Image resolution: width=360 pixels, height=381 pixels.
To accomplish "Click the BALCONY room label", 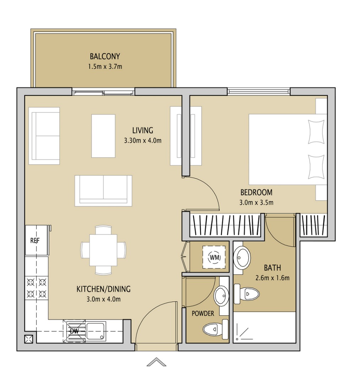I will [105, 56].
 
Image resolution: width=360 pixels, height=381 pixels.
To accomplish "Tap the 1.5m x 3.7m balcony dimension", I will [105, 66].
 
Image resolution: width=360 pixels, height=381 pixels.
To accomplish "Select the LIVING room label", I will [142, 130].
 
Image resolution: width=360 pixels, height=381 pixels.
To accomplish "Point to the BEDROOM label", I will [256, 192].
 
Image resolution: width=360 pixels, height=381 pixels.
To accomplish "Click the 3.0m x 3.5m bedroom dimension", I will [256, 203].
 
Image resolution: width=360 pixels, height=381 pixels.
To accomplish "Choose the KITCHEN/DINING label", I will [103, 289].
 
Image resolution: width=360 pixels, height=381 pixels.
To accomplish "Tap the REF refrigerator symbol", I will [35, 240].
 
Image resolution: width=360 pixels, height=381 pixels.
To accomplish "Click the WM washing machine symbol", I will [214, 257].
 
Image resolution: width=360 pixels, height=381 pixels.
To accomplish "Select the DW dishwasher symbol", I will [74, 331].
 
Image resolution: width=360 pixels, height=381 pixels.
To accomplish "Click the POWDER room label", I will [203, 313].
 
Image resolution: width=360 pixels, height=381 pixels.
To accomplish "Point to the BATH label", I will [272, 267].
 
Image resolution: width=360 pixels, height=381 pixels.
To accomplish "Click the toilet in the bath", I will [249, 293].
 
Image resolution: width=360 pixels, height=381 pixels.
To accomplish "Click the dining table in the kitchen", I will [103, 250].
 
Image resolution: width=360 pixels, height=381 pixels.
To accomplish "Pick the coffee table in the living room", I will [103, 136].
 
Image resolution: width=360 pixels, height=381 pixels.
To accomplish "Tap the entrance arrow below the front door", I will [156, 362].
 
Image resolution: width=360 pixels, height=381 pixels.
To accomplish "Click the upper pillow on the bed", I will [316, 131].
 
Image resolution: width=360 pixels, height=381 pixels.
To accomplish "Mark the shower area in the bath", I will [264, 327].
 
